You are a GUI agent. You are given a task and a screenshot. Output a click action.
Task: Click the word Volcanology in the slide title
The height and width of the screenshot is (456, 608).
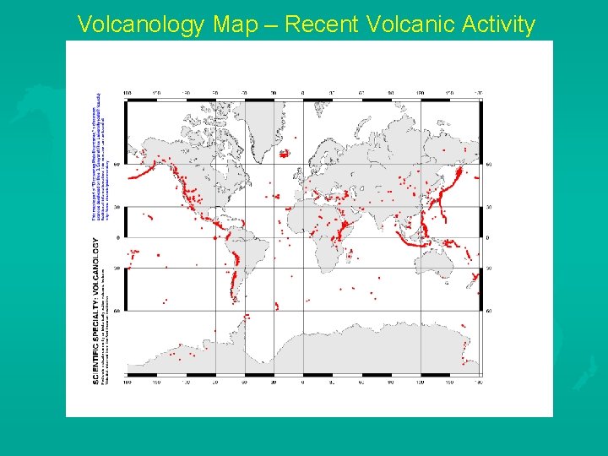click(x=140, y=25)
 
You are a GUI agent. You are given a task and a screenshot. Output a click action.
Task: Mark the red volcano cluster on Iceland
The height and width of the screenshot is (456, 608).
click(x=284, y=153)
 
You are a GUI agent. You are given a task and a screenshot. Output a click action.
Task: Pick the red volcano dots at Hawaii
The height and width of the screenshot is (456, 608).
click(x=149, y=217)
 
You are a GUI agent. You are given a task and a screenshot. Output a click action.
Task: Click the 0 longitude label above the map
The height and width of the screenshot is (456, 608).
click(x=302, y=94)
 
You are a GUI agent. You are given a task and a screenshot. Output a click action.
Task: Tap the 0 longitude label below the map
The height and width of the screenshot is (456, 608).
click(x=302, y=382)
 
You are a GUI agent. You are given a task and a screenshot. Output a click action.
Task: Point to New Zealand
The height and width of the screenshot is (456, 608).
click(x=475, y=279)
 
